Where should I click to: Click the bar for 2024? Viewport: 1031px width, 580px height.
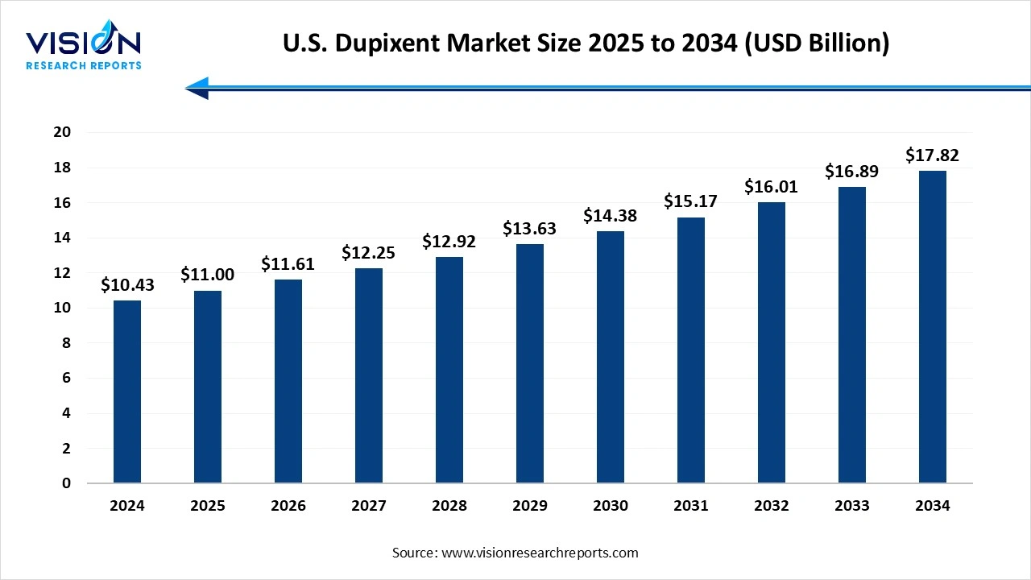[127, 392]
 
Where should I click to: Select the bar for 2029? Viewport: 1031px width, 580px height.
[530, 364]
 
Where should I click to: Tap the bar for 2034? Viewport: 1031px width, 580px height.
[933, 327]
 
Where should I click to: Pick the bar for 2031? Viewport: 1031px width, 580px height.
[691, 350]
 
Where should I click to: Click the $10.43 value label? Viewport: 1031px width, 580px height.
[127, 285]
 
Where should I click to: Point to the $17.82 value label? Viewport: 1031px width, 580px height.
[933, 155]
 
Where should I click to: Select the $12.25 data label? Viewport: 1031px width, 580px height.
[369, 253]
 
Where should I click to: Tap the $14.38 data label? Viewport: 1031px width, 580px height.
[611, 216]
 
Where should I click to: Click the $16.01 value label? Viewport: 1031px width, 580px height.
[772, 187]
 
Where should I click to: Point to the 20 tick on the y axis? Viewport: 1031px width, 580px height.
[62, 132]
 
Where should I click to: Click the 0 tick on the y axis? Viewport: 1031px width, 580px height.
[66, 483]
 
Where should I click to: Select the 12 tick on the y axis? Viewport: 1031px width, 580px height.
[62, 273]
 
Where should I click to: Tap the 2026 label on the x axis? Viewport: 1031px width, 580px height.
[288, 506]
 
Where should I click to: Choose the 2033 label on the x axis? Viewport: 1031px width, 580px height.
[852, 506]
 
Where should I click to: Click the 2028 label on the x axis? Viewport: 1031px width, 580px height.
[449, 506]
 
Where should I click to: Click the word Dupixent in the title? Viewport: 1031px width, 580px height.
[378, 43]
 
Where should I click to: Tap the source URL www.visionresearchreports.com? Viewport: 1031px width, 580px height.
[540, 553]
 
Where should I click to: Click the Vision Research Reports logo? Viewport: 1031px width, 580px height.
[84, 49]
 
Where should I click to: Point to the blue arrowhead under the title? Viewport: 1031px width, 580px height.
[197, 88]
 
